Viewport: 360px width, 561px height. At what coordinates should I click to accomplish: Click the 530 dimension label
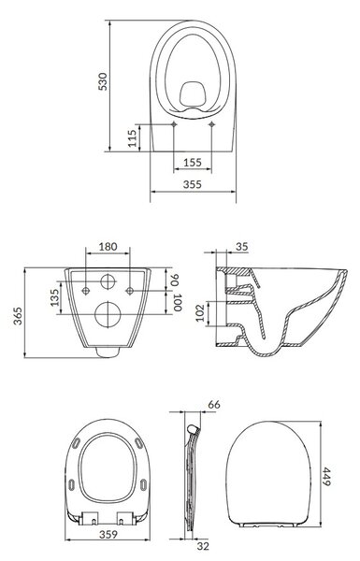[103, 81]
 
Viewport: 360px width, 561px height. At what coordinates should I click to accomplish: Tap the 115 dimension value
[133, 138]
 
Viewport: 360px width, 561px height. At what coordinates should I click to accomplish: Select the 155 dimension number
[193, 163]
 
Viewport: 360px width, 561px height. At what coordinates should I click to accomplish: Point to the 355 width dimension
[193, 184]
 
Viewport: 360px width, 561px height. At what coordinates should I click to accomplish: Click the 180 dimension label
[108, 247]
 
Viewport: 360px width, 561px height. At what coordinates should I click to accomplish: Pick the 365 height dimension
[18, 316]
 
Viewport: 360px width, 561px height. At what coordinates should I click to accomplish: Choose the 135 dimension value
[54, 297]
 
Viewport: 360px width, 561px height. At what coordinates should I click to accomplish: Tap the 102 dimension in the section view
[200, 312]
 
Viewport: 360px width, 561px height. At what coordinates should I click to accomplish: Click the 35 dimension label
[242, 247]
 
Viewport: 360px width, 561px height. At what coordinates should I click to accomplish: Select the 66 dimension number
[214, 405]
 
